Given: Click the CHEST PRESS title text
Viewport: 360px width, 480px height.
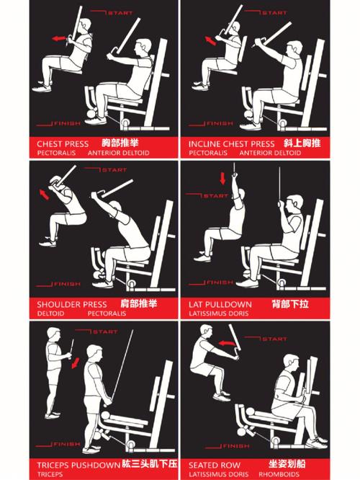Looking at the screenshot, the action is pyautogui.click(x=63, y=143).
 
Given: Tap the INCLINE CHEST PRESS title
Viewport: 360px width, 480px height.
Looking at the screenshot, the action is pyautogui.click(x=232, y=144).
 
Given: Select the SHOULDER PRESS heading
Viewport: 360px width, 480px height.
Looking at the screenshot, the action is pyautogui.click(x=72, y=304).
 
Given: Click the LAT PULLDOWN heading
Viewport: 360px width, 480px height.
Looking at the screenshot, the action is pyautogui.click(x=220, y=304).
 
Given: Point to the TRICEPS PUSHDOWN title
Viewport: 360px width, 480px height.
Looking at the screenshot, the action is pyautogui.click(x=78, y=466).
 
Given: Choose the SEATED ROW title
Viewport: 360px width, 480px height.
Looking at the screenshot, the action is pyautogui.click(x=215, y=466).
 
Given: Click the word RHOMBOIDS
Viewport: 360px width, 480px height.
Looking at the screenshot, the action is pyautogui.click(x=279, y=474).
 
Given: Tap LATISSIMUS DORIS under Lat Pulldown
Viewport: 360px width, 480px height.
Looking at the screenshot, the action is pyautogui.click(x=219, y=314).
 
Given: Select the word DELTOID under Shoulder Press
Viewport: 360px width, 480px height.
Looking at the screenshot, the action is pyautogui.click(x=51, y=314).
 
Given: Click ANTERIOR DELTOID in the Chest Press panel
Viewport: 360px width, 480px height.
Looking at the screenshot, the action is pyautogui.click(x=118, y=153).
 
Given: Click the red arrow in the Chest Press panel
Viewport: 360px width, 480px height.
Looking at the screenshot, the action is pyautogui.click(x=59, y=39).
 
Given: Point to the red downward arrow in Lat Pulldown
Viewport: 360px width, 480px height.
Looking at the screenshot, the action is pyautogui.click(x=222, y=178).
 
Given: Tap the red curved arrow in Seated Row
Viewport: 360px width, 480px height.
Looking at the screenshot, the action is pyautogui.click(x=227, y=343).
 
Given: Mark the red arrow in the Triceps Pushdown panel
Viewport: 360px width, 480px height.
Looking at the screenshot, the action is pyautogui.click(x=76, y=363).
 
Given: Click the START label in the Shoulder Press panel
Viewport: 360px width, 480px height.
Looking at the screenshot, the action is pyautogui.click(x=114, y=170).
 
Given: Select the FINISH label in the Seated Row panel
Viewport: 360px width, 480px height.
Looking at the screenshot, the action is pyautogui.click(x=236, y=446).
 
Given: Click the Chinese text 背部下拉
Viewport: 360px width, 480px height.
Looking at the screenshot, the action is pyautogui.click(x=290, y=304).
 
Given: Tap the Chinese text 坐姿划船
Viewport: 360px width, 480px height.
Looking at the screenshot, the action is pyautogui.click(x=287, y=463).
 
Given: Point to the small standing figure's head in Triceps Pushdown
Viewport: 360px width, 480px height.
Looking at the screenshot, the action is pyautogui.click(x=54, y=334).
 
